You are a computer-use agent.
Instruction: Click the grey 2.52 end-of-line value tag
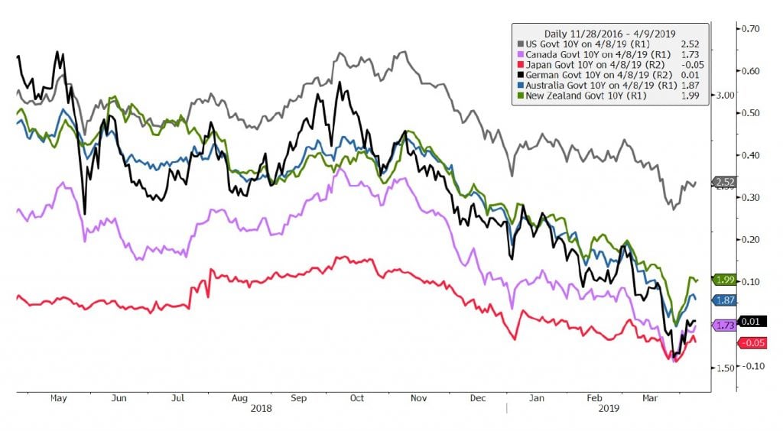tap(726, 182)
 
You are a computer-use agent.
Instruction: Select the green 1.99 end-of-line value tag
tap(726, 280)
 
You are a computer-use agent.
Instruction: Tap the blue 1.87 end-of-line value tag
tap(726, 301)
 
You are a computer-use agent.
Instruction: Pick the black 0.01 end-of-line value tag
tap(726, 321)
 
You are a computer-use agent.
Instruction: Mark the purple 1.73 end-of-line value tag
tap(726, 326)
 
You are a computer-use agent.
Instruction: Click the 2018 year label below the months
tap(262, 409)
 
